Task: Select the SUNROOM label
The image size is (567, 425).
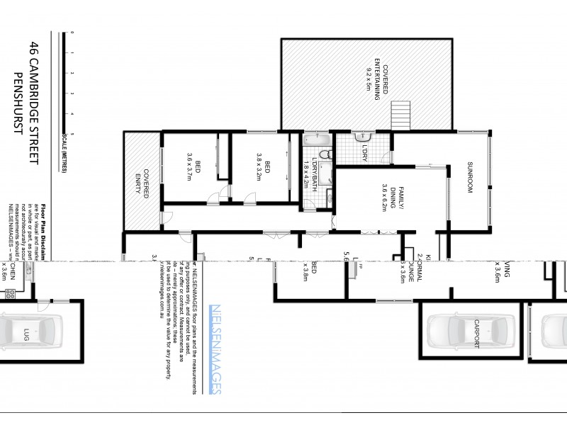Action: click(x=469, y=180)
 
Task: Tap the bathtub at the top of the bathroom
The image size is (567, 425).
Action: click(x=316, y=139)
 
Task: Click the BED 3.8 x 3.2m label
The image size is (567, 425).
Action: click(x=263, y=168)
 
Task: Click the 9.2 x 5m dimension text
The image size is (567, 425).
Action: click(x=369, y=84)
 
